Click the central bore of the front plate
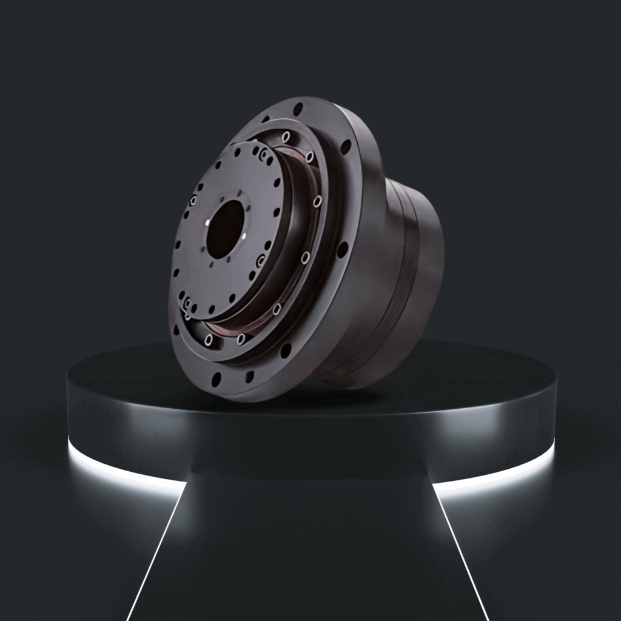tap(225, 229)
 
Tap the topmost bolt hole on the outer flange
tap(298, 110)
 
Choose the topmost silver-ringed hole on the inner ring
tap(286, 136)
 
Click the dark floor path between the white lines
tap(309, 558)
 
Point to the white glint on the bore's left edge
tap(208, 223)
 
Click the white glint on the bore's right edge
tap(243, 235)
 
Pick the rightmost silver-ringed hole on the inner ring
tap(317, 200)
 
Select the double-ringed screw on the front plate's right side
tap(261, 261)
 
